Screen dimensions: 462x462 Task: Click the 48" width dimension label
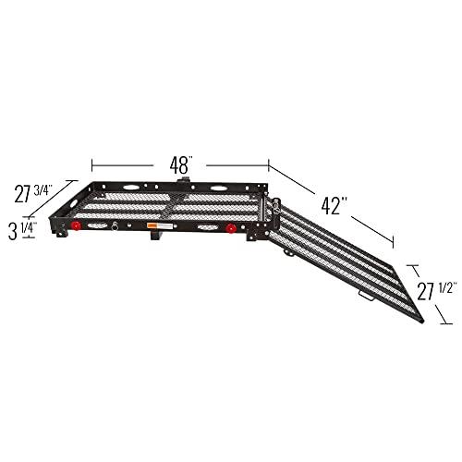179,164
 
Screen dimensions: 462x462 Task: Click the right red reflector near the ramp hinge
229,227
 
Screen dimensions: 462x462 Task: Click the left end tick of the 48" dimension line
92,164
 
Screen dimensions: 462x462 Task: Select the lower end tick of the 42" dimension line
394,245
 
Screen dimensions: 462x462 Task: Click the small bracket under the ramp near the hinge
289,251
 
